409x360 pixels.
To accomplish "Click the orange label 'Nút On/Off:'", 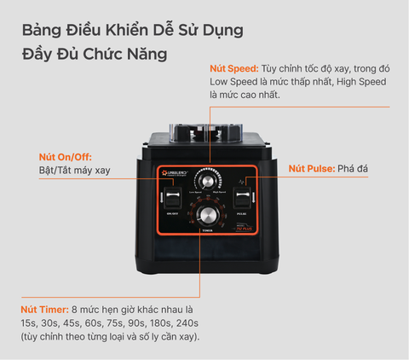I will pyautogui.click(x=66, y=157).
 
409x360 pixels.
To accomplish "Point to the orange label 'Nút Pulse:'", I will pyautogui.click(x=311, y=169).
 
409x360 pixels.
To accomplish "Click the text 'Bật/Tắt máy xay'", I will pyautogui.click(x=75, y=171).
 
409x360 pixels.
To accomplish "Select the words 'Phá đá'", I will pyautogui.click(x=354, y=169).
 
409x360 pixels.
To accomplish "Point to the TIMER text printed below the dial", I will pyautogui.click(x=206, y=231).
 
